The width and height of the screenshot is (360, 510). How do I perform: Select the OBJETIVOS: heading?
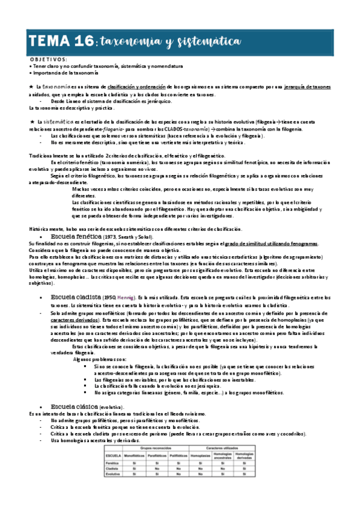pyautogui.click(x=49, y=60)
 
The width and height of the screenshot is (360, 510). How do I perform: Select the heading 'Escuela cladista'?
pyautogui.click(x=75, y=298)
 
